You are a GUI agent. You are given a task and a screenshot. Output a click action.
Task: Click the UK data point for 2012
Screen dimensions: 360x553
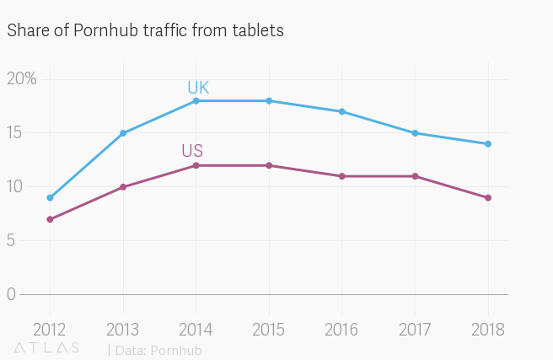click(50, 198)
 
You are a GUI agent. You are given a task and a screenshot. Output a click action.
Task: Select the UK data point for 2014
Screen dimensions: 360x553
click(196, 100)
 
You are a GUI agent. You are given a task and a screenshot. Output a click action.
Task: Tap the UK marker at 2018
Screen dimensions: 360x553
click(488, 144)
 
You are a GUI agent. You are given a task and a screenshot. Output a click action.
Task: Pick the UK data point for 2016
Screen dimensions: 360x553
click(341, 111)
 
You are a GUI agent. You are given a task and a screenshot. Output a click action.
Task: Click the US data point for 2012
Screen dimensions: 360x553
click(50, 219)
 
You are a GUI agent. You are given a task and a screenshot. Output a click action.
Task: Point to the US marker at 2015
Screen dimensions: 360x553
click(269, 165)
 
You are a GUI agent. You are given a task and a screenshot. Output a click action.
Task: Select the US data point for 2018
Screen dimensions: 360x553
click(488, 198)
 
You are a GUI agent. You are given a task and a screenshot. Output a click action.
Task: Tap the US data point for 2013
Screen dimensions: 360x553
click(123, 187)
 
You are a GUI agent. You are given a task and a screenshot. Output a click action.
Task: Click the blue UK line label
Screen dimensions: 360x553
click(198, 88)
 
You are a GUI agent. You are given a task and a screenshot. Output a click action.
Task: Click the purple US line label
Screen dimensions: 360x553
click(192, 152)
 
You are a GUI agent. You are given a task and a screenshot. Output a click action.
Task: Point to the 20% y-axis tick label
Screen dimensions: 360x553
click(22, 78)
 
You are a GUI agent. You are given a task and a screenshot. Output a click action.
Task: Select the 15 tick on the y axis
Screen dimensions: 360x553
click(14, 132)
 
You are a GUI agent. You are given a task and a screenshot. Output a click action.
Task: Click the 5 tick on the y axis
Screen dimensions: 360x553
click(11, 240)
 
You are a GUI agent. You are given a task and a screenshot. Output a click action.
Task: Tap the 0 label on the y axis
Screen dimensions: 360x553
click(11, 294)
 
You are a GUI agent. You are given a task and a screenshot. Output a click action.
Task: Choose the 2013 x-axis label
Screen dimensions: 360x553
click(123, 329)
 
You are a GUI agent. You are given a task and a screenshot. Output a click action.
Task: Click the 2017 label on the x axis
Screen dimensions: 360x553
click(415, 329)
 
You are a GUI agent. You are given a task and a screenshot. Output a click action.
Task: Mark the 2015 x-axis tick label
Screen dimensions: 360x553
click(269, 329)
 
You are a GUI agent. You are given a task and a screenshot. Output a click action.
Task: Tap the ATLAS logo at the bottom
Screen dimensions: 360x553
click(47, 347)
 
